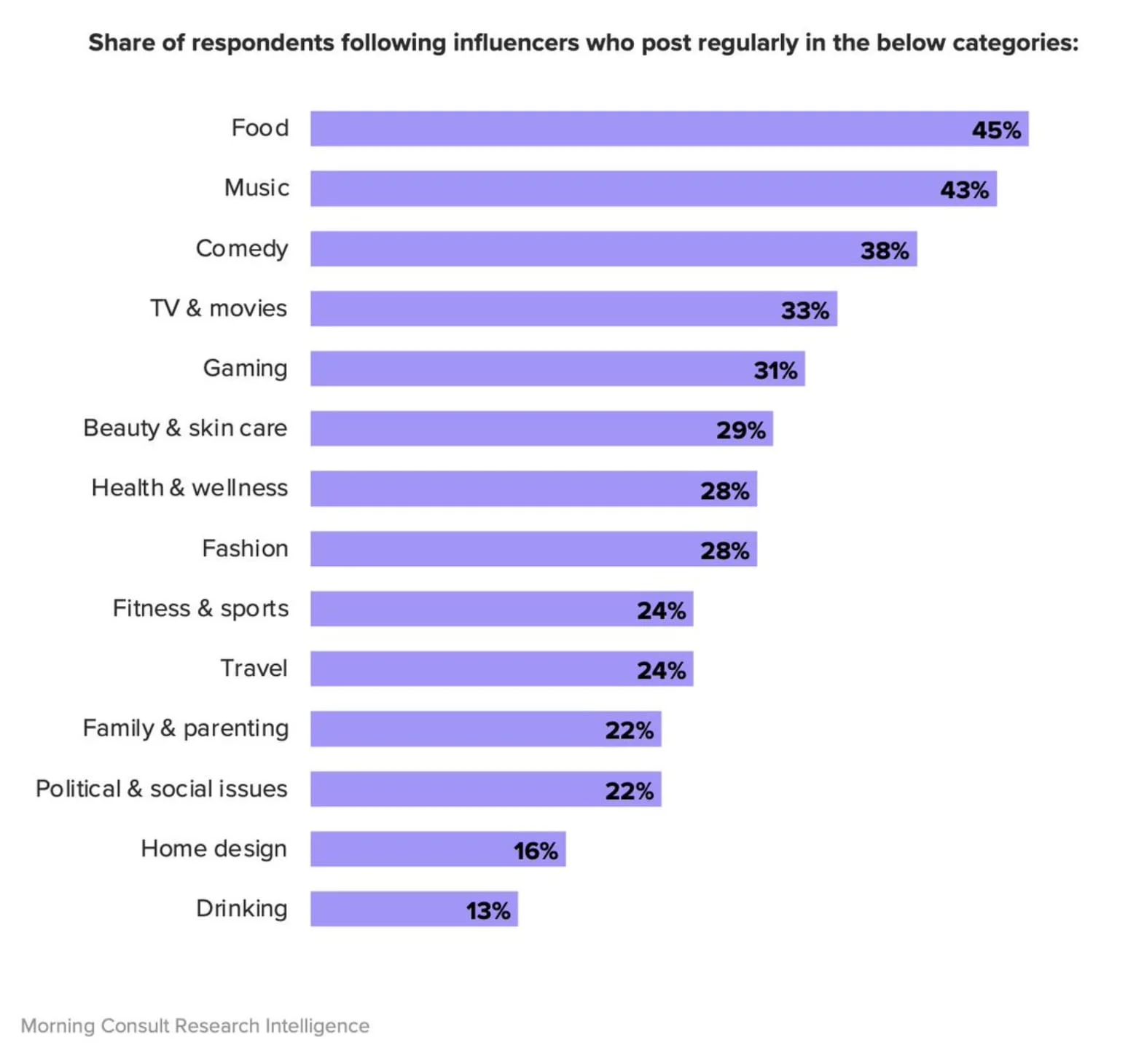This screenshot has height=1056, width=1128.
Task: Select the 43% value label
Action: pos(964,190)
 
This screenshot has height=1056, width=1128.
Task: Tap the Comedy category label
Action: pos(242,249)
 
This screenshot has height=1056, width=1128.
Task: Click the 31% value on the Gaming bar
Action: pos(775,371)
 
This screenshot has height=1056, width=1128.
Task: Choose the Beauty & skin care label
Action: pos(185,428)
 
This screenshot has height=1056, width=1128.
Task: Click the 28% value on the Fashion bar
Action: pos(724,551)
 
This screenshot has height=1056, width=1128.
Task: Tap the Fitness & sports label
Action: pos(200,609)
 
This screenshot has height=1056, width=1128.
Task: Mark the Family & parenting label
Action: pos(186,728)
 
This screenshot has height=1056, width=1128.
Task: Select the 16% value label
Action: pos(536,851)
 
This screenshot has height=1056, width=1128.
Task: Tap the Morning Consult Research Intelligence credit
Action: pos(195,1025)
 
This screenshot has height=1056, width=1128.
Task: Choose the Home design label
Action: pos(214,849)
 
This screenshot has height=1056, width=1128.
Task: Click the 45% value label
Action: pos(996,130)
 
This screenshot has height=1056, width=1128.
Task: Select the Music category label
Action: pos(256,188)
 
